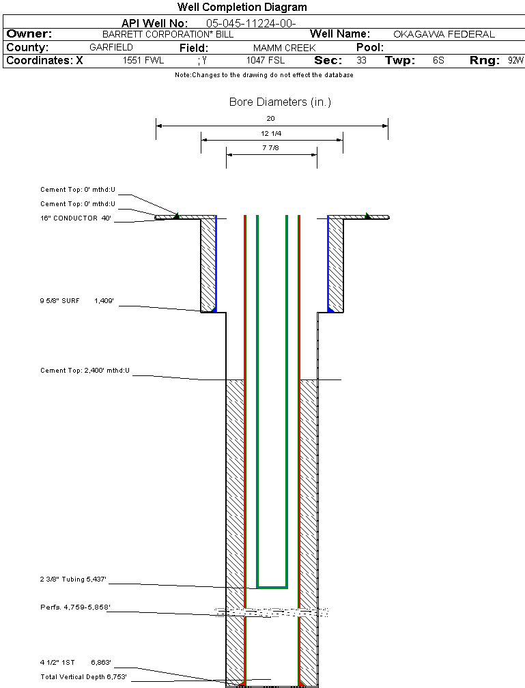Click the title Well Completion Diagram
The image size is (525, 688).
click(242, 8)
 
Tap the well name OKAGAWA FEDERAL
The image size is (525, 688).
click(444, 34)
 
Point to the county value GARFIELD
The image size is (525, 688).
click(111, 48)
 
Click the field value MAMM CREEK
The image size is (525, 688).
click(284, 48)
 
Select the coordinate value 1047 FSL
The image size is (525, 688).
click(266, 61)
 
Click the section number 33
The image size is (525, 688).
click(361, 61)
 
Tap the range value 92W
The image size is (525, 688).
click(515, 61)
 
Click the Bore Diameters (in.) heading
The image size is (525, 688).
click(280, 102)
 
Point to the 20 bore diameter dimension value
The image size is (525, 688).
click(270, 118)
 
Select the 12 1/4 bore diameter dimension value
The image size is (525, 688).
click(271, 133)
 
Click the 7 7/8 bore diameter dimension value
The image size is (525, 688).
click(271, 147)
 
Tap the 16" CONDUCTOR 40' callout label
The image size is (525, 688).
click(75, 218)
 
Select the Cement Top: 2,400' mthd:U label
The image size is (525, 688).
click(85, 371)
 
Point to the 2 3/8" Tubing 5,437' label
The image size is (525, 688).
click(73, 579)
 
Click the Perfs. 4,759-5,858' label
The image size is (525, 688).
click(75, 607)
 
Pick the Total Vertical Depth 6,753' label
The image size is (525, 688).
click(83, 676)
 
